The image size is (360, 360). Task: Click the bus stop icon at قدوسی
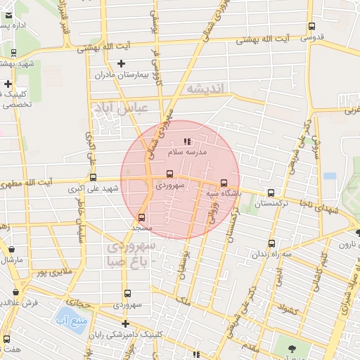tap(311, 27)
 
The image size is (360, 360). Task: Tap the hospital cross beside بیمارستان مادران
tap(121, 64)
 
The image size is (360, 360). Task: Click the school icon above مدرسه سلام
tap(186, 142)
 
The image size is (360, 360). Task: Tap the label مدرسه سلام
tap(186, 152)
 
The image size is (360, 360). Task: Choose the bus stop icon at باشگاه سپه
tap(224, 183)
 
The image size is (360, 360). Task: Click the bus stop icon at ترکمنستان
tap(271, 193)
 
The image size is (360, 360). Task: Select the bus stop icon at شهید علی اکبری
tap(93, 178)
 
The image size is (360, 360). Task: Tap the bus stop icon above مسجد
tap(142, 218)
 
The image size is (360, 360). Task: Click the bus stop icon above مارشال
tap(11, 248)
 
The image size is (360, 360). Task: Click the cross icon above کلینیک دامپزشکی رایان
tap(125, 324)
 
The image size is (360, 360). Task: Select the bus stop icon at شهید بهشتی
tap(14, 53)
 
